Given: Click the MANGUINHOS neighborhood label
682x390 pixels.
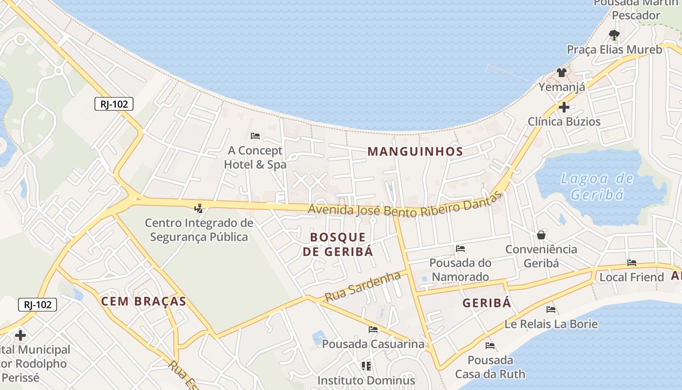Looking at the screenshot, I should (x=415, y=151).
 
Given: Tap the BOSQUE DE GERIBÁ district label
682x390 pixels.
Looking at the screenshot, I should (x=338, y=244).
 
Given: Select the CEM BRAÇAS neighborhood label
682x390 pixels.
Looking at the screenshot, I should (x=144, y=301).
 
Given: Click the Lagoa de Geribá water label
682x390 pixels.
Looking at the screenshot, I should (x=597, y=187).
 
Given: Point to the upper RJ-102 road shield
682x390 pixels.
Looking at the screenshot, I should (x=114, y=104).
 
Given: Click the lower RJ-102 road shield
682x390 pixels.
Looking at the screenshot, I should (x=38, y=305).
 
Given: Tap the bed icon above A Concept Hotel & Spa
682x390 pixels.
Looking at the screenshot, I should (x=255, y=136).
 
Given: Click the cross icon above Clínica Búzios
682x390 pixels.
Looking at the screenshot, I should (x=564, y=107).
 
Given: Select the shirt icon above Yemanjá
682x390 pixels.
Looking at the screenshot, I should (x=562, y=73).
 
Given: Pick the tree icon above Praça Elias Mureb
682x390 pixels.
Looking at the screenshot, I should (x=614, y=35).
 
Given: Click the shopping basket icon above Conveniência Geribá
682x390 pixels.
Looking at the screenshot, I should (x=541, y=235).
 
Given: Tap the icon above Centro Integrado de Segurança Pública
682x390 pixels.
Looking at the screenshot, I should (x=198, y=209).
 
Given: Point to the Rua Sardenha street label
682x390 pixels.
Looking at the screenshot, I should (x=362, y=287).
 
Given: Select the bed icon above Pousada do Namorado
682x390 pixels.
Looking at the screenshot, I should (x=460, y=249).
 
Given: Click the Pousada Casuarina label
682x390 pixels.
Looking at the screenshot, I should (x=373, y=344).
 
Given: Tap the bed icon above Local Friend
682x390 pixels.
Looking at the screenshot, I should (x=632, y=263).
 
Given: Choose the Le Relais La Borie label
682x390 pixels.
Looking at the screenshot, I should (x=551, y=324).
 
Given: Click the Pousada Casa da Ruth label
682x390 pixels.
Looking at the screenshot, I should (x=490, y=367).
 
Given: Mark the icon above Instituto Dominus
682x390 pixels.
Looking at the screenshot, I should (x=366, y=366).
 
